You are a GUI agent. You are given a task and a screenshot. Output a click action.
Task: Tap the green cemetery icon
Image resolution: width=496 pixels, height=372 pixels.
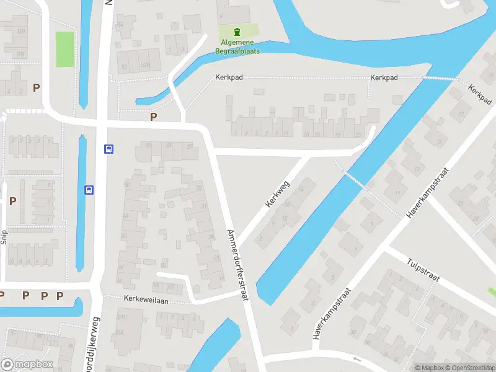pos(237,32)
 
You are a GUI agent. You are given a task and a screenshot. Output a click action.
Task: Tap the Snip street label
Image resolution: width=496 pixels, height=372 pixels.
pos(4,237)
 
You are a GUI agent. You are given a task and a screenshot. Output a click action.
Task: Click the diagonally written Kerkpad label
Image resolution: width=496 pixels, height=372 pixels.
pos(480,94)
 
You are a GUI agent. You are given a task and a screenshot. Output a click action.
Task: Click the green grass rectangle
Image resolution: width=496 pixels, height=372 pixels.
pos(64,49)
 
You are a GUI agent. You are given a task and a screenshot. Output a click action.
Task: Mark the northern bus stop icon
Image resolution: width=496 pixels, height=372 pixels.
pos(108,149)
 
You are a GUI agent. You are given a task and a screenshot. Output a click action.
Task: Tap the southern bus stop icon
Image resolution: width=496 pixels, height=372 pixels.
pos(89,190)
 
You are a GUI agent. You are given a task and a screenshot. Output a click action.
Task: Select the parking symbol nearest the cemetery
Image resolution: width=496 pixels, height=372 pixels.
pos(153,116)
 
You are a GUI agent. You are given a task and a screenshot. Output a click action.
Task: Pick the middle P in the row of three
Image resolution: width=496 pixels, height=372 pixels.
pos(43,296)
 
